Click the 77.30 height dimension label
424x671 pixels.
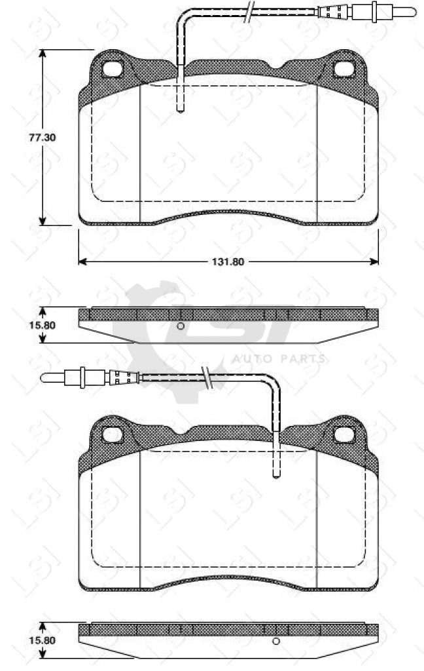[x=43, y=138]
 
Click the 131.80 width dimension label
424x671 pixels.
[x=228, y=262]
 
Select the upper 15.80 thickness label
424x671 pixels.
[x=43, y=325]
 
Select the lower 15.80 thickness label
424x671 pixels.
[x=43, y=641]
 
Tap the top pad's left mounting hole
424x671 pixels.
[x=113, y=69]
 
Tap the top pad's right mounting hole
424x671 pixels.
[x=344, y=69]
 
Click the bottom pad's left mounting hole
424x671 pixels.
[x=113, y=435]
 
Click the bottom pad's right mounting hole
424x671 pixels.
[x=344, y=435]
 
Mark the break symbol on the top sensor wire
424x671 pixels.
[x=249, y=12]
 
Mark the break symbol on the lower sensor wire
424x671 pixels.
[x=207, y=378]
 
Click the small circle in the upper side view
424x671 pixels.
[x=181, y=326]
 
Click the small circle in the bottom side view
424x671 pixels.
[x=276, y=641]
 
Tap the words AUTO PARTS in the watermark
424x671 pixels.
[x=279, y=358]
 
